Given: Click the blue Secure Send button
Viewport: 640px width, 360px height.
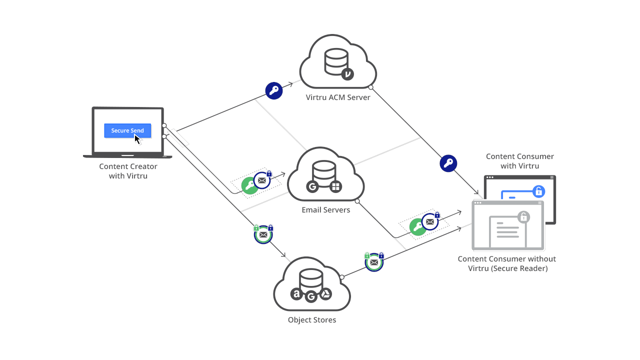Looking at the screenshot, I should (127, 130).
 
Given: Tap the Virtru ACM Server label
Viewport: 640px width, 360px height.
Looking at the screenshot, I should (338, 97).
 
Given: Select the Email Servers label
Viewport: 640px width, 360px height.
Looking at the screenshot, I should (326, 210).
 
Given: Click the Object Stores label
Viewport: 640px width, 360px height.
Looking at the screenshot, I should (312, 320).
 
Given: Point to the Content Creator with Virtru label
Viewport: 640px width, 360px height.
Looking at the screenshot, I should (128, 171).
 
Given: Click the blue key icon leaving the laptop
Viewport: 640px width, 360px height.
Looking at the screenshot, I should (274, 90).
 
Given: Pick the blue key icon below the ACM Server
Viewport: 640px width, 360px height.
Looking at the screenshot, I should (448, 163).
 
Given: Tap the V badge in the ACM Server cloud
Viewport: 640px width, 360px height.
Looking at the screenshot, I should (347, 74).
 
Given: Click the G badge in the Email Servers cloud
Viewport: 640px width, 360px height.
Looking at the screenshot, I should (312, 187).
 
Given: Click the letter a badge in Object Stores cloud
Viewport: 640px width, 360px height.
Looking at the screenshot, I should (297, 294).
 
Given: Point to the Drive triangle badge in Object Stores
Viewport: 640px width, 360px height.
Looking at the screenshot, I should (325, 294).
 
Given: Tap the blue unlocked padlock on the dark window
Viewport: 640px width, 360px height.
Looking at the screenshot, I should (538, 191).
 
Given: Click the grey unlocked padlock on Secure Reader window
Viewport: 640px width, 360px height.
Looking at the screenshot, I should (523, 217).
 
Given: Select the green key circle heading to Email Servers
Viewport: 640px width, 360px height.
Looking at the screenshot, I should (249, 185).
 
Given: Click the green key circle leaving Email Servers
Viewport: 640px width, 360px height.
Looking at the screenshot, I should (418, 227).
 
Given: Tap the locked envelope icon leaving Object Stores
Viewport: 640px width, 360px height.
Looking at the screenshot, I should (374, 261).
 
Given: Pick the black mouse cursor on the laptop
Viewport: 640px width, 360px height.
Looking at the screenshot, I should (137, 138).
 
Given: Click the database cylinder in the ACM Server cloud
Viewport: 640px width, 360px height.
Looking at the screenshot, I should (336, 61).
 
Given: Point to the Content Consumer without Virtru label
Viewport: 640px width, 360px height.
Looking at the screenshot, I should (507, 263).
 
